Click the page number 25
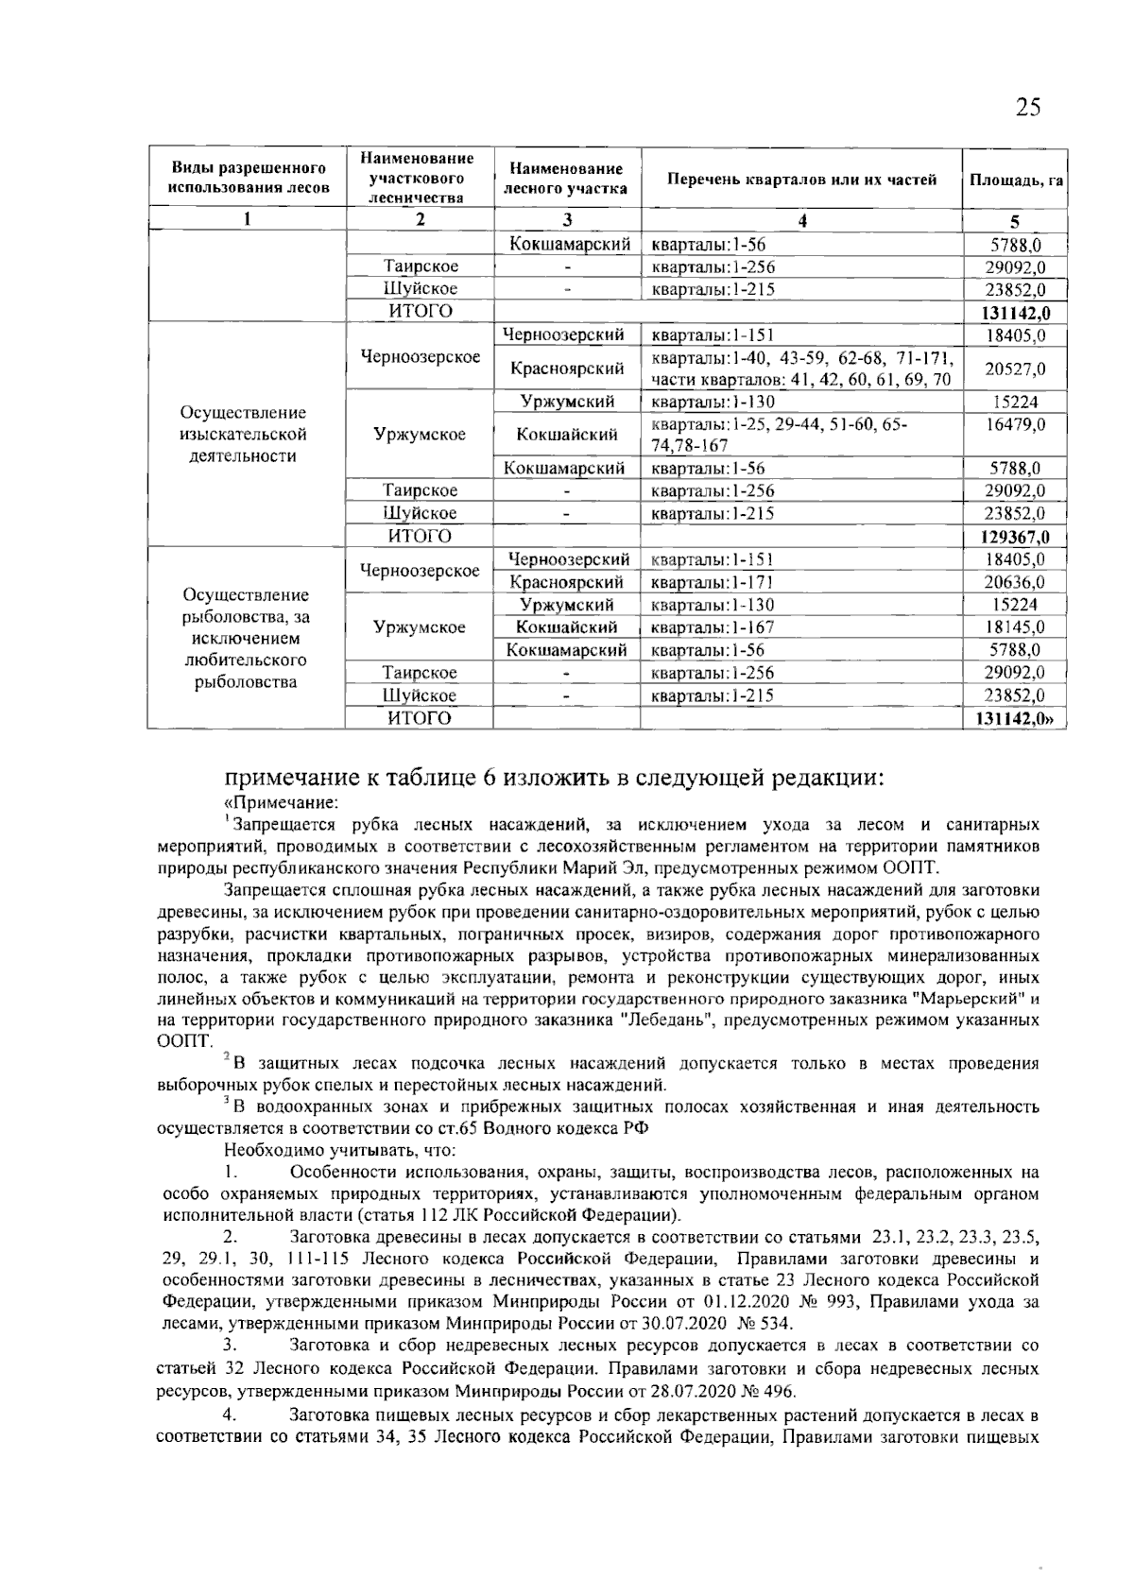[x=1028, y=107]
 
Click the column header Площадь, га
[x=1014, y=179]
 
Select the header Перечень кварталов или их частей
[x=801, y=179]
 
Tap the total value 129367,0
[x=1015, y=537]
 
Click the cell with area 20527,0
[x=1015, y=369]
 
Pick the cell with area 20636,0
[x=1015, y=582]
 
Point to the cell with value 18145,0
[x=1015, y=627]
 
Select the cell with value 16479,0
[x=1015, y=425]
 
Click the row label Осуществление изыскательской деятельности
[x=244, y=435]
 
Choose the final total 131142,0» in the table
[x=1015, y=719]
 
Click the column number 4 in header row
[x=801, y=221]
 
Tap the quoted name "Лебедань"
[x=667, y=1020]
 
